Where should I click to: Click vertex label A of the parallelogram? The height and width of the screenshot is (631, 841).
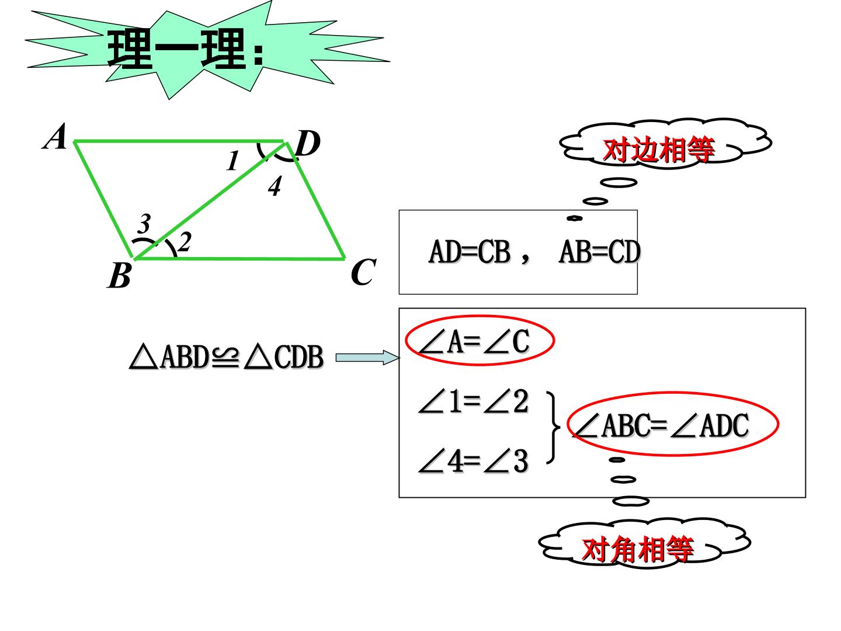(x=55, y=136)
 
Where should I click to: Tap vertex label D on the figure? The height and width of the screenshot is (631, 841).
(x=308, y=143)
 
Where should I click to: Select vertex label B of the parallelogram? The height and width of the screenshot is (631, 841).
(x=120, y=275)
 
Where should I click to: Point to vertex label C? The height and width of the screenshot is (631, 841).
(x=363, y=272)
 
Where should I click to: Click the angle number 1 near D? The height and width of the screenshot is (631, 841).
(x=232, y=161)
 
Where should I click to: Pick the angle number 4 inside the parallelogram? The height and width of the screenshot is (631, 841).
(x=274, y=186)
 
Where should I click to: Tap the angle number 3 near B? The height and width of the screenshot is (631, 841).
(x=144, y=223)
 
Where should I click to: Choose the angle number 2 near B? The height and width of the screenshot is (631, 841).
(x=185, y=242)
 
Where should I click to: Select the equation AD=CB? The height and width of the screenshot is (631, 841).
(x=469, y=252)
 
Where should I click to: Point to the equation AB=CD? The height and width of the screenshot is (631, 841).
(x=600, y=252)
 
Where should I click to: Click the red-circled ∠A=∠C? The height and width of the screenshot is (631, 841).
(x=474, y=341)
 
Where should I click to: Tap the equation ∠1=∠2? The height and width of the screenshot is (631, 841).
(x=474, y=401)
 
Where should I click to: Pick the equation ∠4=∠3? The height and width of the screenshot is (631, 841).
(x=474, y=461)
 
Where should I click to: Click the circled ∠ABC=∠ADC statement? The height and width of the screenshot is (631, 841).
(x=661, y=425)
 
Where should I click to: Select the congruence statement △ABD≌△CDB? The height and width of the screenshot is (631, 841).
(x=227, y=357)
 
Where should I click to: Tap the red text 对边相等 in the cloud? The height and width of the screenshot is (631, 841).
(x=659, y=150)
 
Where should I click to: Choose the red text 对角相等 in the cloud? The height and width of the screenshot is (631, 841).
(x=638, y=549)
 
